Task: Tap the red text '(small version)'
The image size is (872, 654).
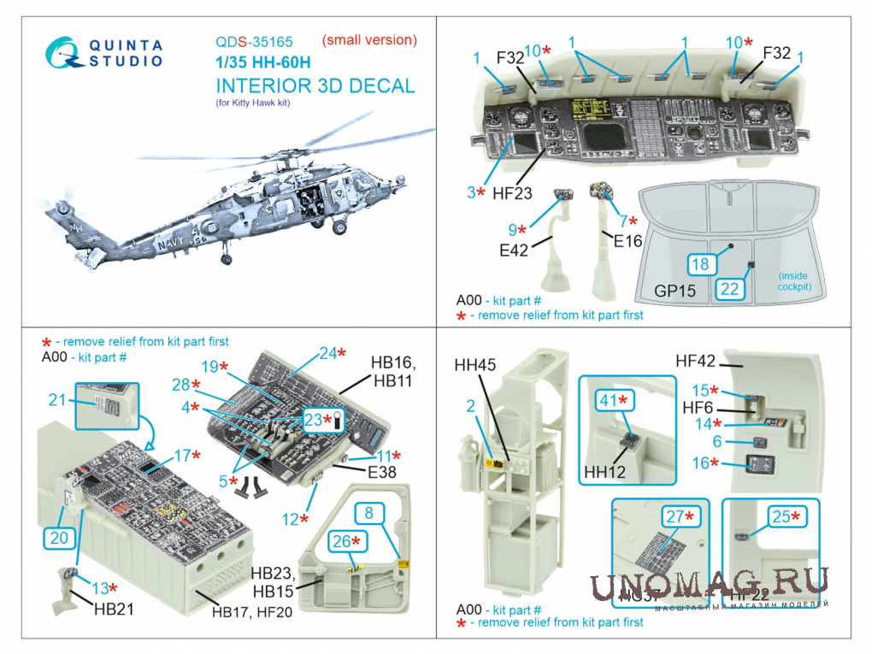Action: coord(369,39)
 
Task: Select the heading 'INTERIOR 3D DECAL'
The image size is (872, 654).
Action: coord(315,85)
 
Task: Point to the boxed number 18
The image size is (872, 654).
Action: coord(700,265)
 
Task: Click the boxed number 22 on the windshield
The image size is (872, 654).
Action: coord(729,289)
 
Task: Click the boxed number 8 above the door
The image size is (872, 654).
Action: coord(368,513)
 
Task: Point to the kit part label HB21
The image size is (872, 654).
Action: coord(115,610)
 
